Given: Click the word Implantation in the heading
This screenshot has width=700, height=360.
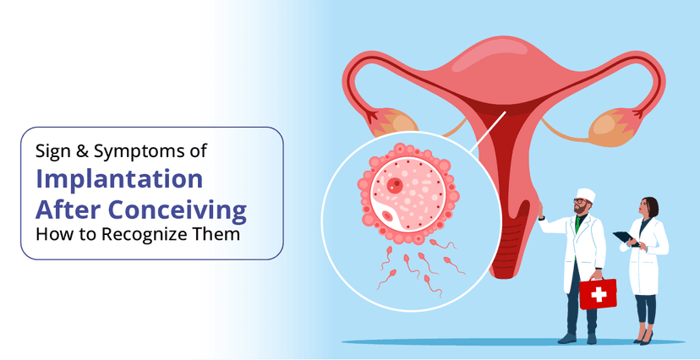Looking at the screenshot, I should tap(119, 179).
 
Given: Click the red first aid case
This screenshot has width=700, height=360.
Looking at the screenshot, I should tap(597, 293).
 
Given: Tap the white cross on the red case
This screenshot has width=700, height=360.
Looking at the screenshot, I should tap(598, 294).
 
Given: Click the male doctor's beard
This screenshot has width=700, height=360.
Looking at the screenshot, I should tap(581, 210).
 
